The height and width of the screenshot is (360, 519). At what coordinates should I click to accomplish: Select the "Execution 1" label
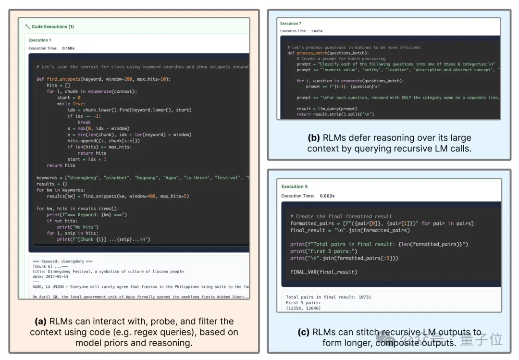40,40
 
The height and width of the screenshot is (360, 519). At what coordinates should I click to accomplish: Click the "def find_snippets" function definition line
103,79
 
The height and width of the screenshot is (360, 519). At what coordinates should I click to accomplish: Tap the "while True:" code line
70,104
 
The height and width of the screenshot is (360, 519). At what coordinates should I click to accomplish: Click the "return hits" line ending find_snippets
61,165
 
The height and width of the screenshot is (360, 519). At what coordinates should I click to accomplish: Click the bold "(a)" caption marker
40,322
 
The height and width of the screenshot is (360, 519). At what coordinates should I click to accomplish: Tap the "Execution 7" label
291,23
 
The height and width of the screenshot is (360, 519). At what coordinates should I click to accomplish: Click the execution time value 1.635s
317,31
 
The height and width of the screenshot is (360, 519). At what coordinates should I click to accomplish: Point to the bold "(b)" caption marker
313,138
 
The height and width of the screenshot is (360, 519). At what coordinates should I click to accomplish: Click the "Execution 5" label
295,186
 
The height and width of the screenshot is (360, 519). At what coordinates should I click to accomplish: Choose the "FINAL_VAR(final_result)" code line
324,272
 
